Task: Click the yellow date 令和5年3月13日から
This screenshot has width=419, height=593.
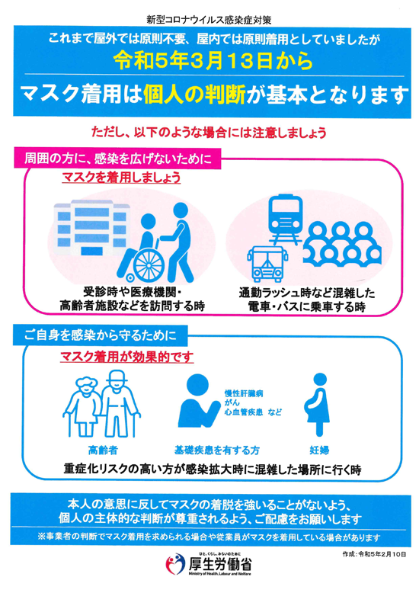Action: click(213, 61)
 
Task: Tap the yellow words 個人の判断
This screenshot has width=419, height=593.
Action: click(194, 95)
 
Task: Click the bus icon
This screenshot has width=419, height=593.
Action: click(267, 264)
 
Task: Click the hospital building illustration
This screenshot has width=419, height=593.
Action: click(92, 228)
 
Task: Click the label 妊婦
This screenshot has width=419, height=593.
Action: click(319, 450)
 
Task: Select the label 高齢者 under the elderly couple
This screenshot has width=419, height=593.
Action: click(103, 450)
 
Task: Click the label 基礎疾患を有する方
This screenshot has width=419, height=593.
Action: click(216, 450)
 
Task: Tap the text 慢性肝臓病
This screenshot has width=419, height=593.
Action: click(244, 393)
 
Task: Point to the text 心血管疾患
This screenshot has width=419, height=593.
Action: click(244, 412)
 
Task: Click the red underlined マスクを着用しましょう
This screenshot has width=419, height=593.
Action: click(121, 178)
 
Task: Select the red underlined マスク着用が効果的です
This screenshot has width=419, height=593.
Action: click(126, 357)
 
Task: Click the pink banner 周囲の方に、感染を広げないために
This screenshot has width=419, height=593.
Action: click(117, 158)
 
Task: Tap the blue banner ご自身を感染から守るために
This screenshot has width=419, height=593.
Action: click(101, 335)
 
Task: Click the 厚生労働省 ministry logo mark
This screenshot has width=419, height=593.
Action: click(175, 564)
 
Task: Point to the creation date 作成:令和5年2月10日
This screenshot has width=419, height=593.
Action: click(374, 554)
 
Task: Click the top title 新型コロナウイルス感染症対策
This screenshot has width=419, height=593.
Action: click(209, 20)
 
